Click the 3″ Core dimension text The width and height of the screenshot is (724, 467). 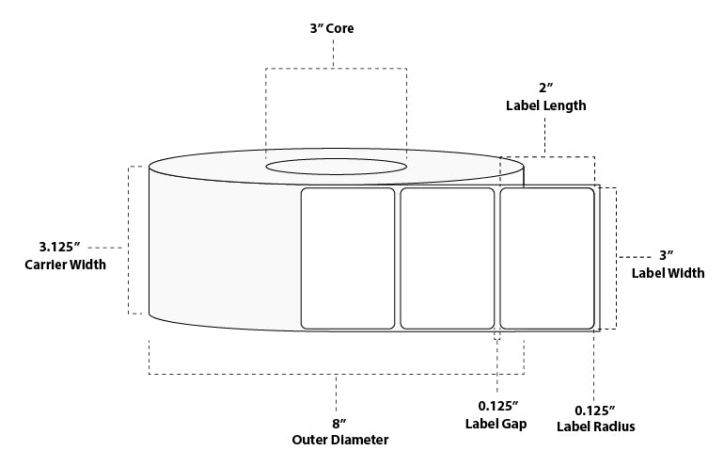(334, 29)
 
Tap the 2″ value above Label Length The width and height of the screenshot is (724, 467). (544, 89)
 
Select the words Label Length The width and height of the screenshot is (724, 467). (545, 106)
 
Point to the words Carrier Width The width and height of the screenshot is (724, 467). (65, 265)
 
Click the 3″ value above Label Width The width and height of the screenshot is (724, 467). (667, 255)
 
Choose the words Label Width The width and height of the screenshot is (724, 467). (667, 274)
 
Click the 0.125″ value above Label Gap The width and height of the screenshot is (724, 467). (496, 406)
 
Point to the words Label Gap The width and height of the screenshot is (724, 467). (496, 425)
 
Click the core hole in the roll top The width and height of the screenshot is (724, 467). (336, 167)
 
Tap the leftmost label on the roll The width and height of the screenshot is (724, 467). (347, 258)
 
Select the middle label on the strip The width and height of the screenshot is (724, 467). (447, 258)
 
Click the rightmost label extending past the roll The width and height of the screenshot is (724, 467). (546, 258)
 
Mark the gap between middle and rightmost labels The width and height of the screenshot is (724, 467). (496, 258)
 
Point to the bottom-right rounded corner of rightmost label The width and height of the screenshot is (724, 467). (590, 324)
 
